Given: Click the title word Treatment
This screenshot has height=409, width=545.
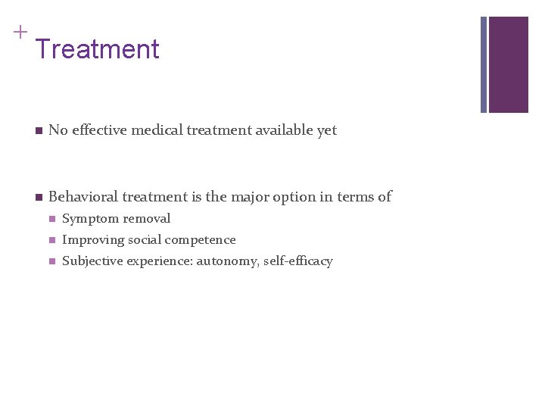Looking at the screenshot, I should coord(97,50).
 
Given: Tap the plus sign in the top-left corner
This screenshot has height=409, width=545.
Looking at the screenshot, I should coord(20,32).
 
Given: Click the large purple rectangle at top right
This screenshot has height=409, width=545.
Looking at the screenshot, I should coord(508,64).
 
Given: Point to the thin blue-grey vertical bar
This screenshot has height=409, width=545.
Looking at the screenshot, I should coord(484,64).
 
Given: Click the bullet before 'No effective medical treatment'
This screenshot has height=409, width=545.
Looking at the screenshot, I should coord(37,131).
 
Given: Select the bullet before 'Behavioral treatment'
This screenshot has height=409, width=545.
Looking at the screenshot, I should coord(37,198).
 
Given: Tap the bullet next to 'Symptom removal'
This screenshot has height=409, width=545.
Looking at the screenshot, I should coord(51,220).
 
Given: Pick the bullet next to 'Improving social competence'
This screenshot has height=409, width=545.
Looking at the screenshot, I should coord(51,241).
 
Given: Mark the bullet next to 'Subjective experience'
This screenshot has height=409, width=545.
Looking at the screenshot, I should coord(51,262).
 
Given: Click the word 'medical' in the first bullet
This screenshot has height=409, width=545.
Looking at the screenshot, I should coord(155,130).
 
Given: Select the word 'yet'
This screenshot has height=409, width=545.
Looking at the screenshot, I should coord(327,131).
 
